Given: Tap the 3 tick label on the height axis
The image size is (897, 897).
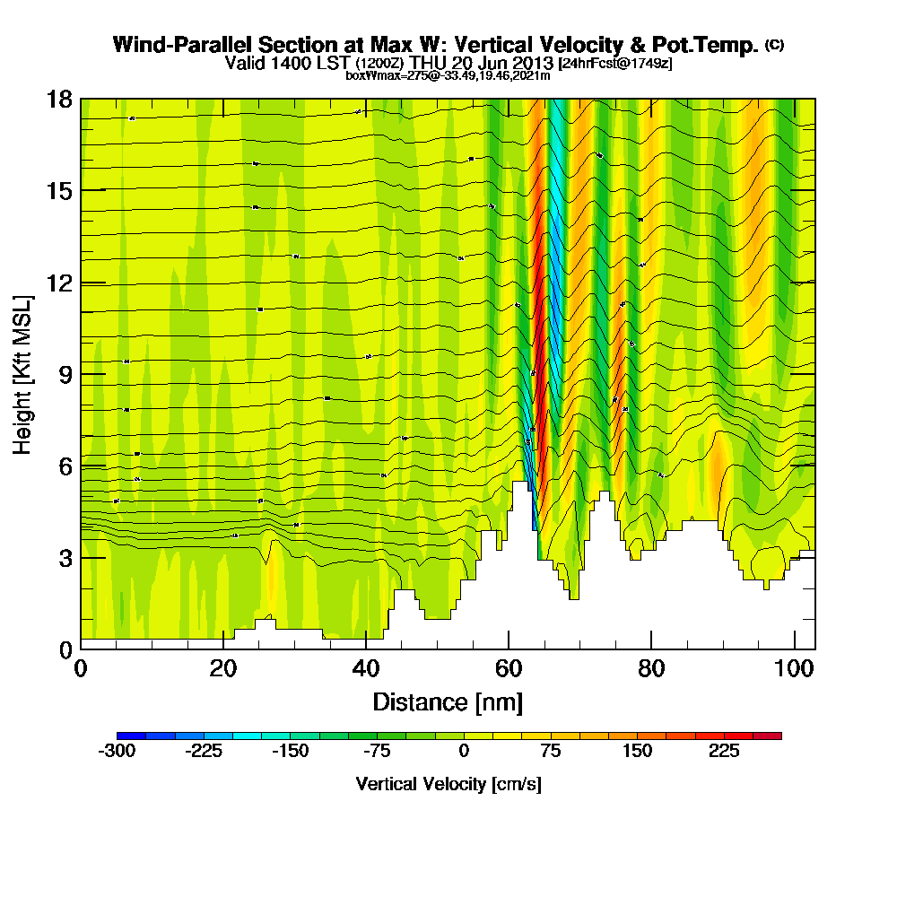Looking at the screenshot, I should tap(65, 558).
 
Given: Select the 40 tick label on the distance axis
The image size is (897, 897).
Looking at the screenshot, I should tap(365, 669).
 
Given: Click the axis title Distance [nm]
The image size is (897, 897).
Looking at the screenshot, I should tap(448, 701).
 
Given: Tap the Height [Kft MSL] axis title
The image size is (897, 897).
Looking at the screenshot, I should tap(22, 374).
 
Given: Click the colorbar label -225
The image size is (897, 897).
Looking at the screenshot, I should tap(204, 752).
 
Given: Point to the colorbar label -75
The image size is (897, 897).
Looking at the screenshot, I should tap(377, 752).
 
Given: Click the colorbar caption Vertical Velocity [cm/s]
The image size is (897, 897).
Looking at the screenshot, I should tap(448, 784).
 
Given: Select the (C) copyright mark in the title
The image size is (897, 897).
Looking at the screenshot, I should tap(774, 44).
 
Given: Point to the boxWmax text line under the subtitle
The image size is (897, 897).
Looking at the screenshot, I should tap(448, 76).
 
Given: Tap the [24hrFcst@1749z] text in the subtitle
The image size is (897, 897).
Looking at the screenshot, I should tap(614, 64).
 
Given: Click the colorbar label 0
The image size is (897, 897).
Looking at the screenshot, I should tap(464, 752).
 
